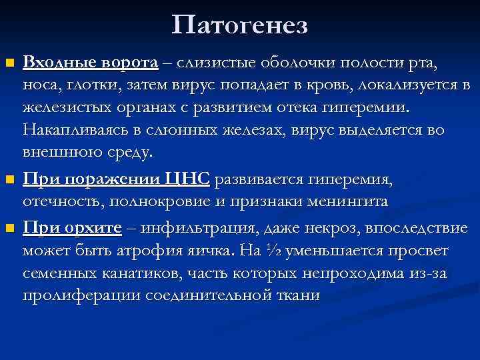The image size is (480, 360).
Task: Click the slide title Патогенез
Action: point(239,25)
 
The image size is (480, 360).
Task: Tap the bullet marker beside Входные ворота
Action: point(9,64)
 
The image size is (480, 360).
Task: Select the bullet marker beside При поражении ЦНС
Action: point(9,180)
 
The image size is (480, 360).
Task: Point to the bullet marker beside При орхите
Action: point(9,229)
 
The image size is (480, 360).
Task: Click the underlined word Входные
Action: point(60,63)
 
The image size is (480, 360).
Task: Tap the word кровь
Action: point(331,85)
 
